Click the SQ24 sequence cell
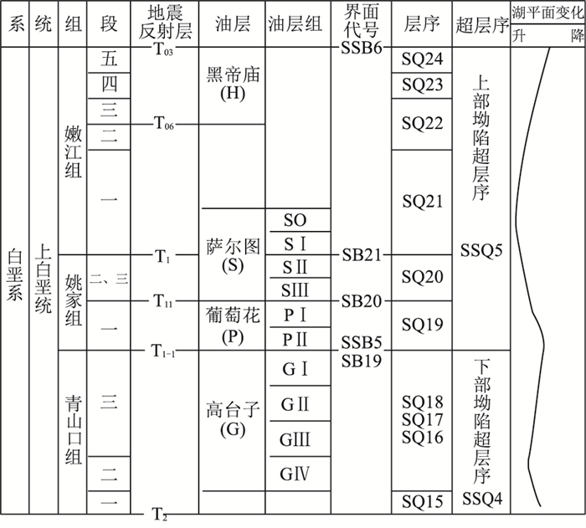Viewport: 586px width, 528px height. (x=421, y=59)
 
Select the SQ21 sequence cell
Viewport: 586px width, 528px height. (x=421, y=202)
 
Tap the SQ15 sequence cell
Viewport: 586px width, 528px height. (x=421, y=501)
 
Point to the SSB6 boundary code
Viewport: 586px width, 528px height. (x=362, y=47)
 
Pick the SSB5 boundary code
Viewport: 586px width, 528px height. (x=362, y=342)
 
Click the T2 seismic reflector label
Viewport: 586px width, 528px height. (x=160, y=513)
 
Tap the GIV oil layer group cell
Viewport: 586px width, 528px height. (x=296, y=473)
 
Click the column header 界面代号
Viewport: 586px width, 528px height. (x=362, y=23)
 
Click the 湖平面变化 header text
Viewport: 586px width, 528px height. (x=547, y=11)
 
